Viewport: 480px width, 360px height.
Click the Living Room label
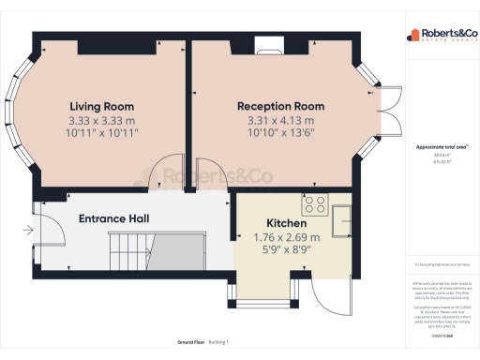tap(100, 106)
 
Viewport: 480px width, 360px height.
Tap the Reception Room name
tap(275, 106)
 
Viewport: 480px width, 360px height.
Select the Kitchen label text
tap(287, 223)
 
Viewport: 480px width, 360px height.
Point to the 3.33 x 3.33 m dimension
tap(100, 121)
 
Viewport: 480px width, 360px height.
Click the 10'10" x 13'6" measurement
tap(275, 135)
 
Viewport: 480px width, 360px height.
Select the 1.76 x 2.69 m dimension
tap(287, 238)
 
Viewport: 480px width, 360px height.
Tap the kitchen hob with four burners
tap(313, 205)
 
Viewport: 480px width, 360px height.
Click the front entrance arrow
tap(27, 229)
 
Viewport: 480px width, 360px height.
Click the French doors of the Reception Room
tap(377, 104)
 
